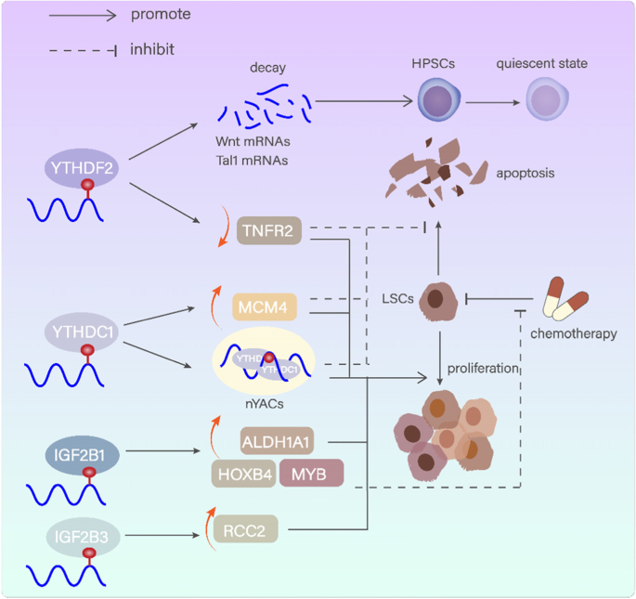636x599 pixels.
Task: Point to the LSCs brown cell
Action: click(436, 300)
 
